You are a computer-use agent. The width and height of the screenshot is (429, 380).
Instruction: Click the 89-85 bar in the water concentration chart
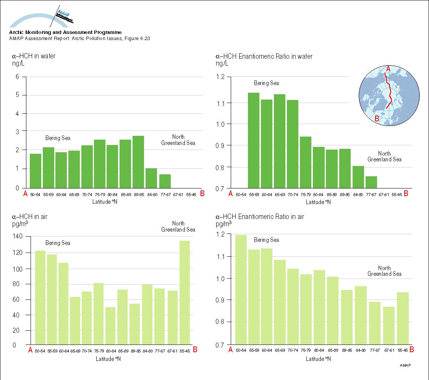click(138, 162)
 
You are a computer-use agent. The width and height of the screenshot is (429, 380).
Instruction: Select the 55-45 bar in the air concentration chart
click(185, 293)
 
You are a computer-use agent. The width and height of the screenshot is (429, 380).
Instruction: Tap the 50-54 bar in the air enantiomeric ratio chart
click(241, 290)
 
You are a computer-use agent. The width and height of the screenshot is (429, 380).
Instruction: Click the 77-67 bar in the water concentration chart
click(165, 181)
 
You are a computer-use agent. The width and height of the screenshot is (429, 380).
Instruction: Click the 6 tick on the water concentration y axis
click(17, 77)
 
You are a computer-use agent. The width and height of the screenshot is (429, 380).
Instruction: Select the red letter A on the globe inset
click(388, 69)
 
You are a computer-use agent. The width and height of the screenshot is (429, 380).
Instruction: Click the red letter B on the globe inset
click(377, 119)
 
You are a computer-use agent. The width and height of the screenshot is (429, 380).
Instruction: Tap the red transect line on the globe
click(390, 92)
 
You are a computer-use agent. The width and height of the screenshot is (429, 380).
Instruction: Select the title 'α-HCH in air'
click(30, 217)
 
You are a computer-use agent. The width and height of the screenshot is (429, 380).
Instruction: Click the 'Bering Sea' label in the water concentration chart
click(58, 138)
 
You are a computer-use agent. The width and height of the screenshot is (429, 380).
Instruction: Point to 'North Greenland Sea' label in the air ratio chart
click(384, 271)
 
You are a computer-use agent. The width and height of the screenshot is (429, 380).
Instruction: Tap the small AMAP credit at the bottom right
click(406, 366)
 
